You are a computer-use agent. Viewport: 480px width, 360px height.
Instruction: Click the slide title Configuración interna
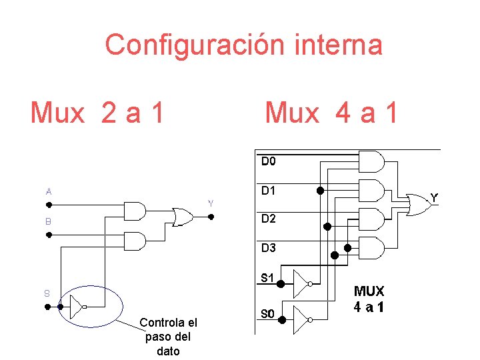coord(243,45)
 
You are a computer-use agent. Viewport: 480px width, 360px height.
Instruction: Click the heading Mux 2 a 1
coord(97,113)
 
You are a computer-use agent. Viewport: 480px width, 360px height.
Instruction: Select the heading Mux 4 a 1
coord(331,113)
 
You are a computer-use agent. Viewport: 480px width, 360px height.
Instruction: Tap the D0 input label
coord(269,161)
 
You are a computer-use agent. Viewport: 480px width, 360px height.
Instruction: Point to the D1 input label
coord(269,190)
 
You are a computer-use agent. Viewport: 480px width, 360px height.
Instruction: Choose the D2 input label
coord(269,219)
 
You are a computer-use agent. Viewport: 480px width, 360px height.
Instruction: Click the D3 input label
coord(269,248)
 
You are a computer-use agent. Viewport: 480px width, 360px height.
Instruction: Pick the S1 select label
coord(267,278)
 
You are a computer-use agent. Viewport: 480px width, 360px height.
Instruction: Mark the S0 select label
coord(267,313)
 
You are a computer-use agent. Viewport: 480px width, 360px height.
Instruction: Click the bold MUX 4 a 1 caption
coord(369,299)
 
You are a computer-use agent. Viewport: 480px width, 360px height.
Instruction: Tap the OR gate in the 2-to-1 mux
coord(181,217)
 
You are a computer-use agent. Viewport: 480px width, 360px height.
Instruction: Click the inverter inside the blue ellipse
coord(76,307)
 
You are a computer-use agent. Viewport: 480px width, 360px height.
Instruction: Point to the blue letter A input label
coord(49,191)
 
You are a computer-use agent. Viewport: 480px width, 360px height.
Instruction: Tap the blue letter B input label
coord(49,221)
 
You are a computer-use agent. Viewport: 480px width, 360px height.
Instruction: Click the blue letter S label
coord(47,293)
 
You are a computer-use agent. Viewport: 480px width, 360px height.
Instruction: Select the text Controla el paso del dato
coord(168,337)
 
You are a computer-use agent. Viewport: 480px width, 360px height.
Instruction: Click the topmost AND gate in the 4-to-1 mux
coord(371,161)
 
